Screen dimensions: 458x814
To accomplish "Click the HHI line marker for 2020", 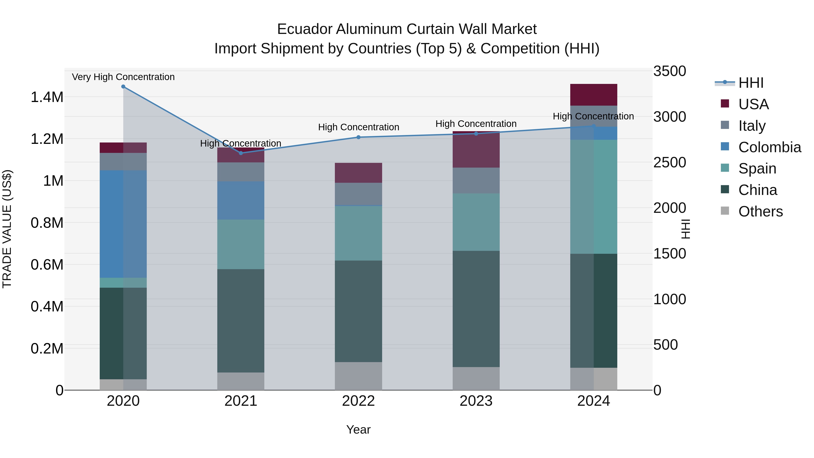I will click(123, 87).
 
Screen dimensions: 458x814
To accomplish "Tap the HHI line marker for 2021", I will click(241, 153).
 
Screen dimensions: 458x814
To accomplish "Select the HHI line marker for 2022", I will click(358, 137).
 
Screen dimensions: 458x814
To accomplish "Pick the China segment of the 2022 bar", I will click(358, 311).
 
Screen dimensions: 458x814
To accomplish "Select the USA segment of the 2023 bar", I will click(476, 150).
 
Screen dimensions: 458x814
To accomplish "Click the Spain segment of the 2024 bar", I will click(594, 197).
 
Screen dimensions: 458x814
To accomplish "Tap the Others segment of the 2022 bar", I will click(358, 376).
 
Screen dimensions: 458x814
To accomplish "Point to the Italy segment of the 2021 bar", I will click(241, 172).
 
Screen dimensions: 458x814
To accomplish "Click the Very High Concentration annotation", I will click(123, 77).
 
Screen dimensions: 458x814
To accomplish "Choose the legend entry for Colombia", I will click(769, 147).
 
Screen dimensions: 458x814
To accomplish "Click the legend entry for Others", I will click(760, 211).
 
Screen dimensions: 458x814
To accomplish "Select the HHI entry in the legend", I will click(751, 83).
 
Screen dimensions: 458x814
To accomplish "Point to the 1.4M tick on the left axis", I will click(47, 97).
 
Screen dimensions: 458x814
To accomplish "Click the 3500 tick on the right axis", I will click(669, 71).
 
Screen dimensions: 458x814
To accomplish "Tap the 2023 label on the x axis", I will click(476, 401).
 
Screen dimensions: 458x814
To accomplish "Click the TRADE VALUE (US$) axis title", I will click(7, 229).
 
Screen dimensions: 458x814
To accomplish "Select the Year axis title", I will click(358, 430).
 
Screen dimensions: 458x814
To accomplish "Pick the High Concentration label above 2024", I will click(594, 116).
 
